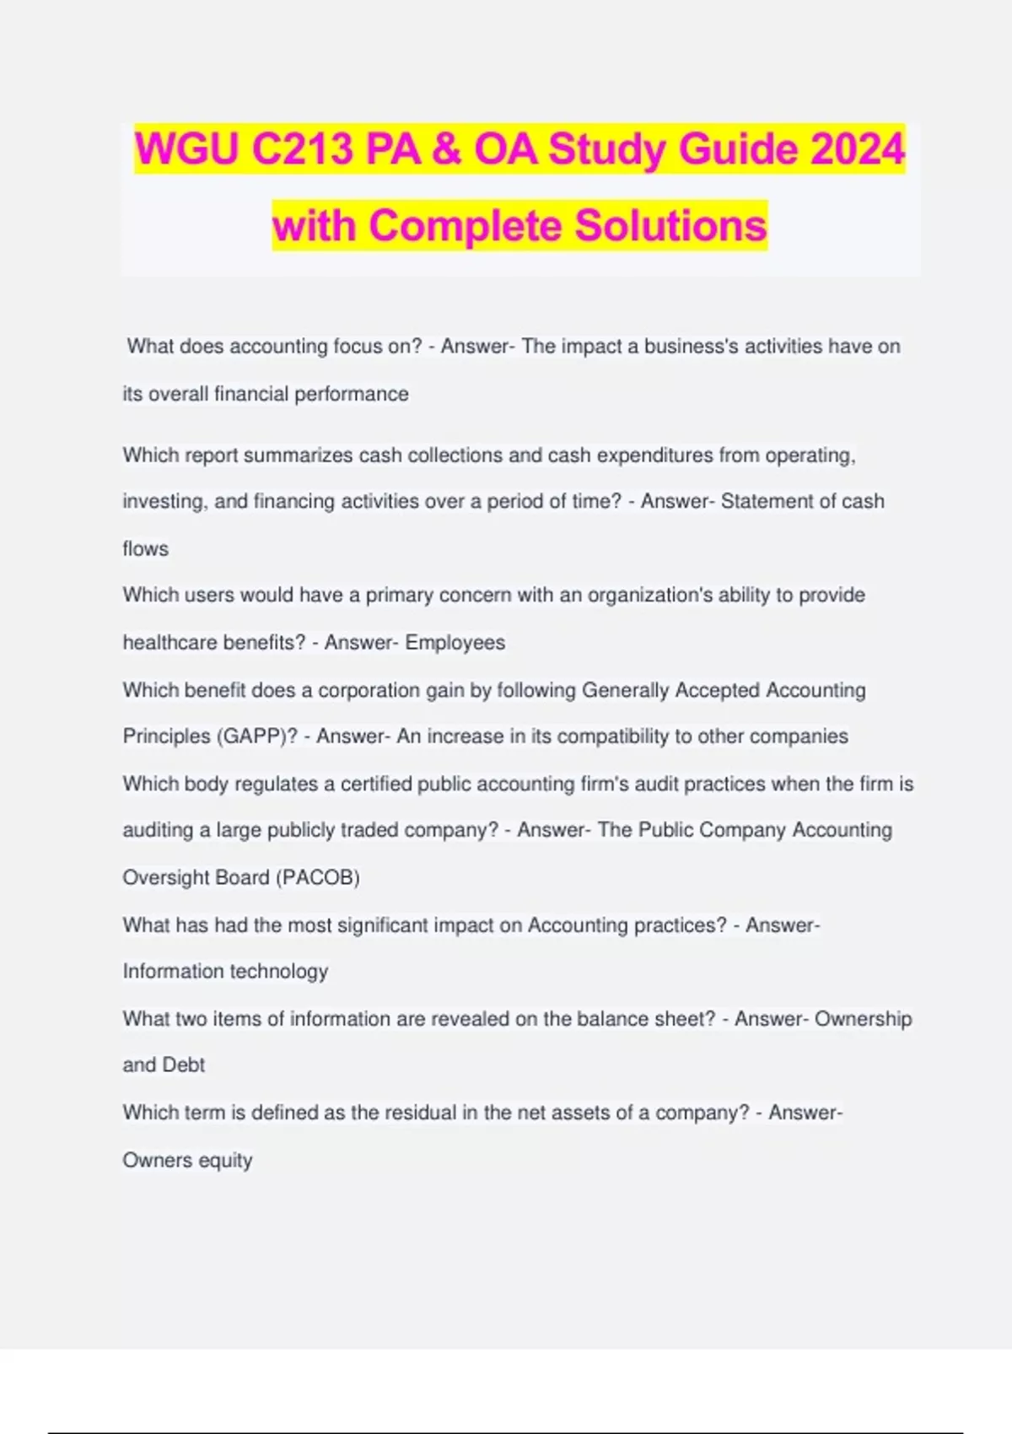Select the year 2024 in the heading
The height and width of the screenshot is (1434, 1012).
[x=858, y=149]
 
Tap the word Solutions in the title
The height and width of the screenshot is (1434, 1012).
[x=670, y=225]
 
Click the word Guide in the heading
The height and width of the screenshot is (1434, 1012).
[x=738, y=149]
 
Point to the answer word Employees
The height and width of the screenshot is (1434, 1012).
[x=455, y=643]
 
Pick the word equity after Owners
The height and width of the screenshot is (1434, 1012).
[x=225, y=1161]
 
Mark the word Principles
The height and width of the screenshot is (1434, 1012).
[x=165, y=736]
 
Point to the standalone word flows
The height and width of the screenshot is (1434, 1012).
[x=145, y=549]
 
